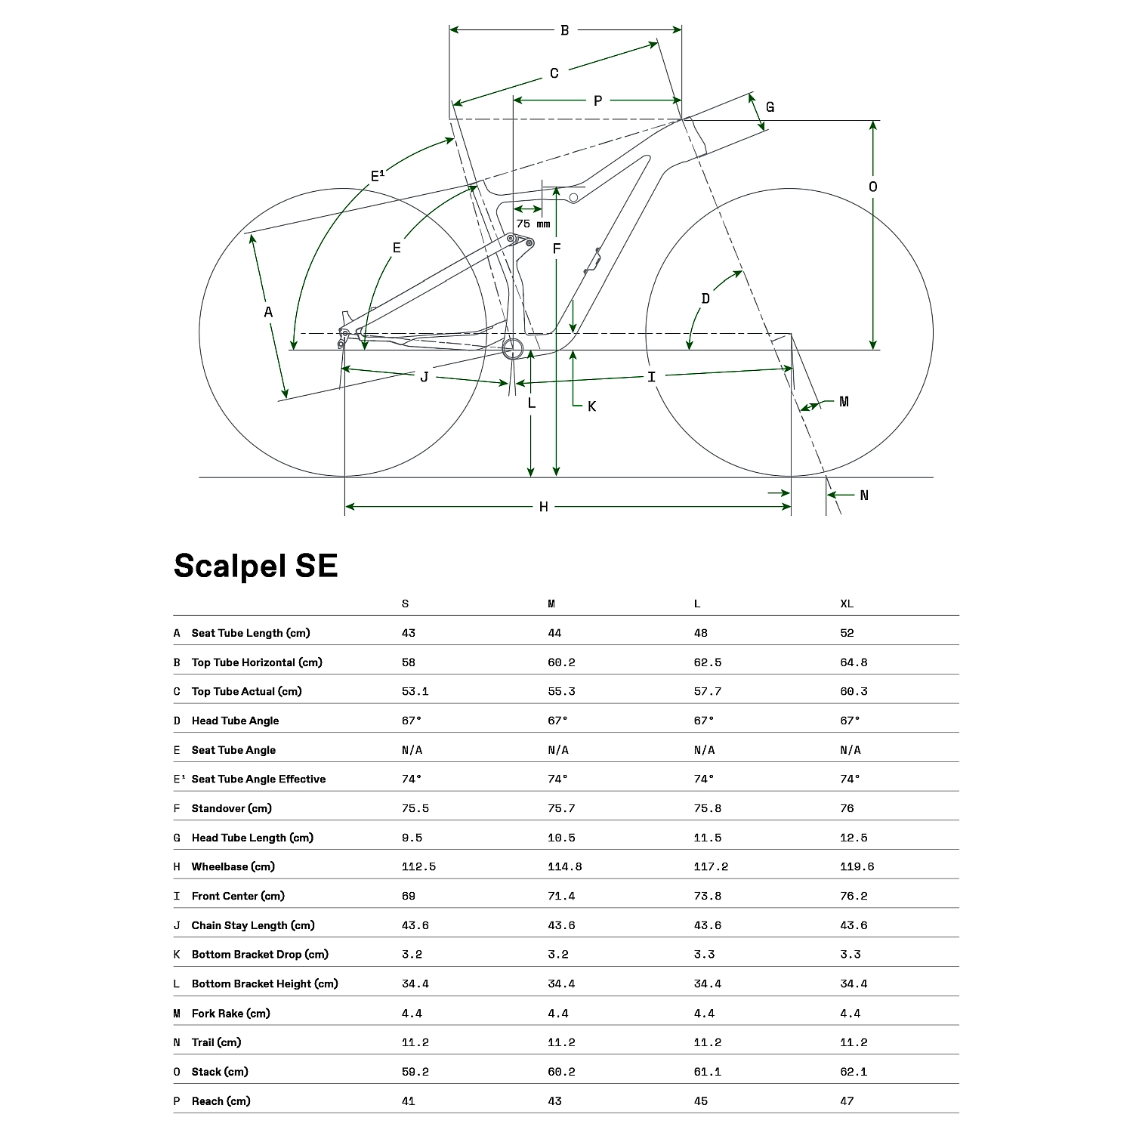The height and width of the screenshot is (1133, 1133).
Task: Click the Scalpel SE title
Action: pyautogui.click(x=255, y=566)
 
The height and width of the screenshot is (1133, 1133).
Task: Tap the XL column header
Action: pyautogui.click(x=847, y=604)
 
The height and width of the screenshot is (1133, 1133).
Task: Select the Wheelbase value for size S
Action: pyautogui.click(x=418, y=866)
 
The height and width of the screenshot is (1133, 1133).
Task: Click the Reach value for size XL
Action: pyautogui.click(x=847, y=1101)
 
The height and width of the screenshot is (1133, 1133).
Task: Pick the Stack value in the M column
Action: pyautogui.click(x=561, y=1071)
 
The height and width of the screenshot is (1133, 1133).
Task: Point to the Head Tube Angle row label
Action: pyautogui.click(x=235, y=721)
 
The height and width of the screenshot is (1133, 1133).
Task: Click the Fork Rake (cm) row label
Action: pyautogui.click(x=230, y=1013)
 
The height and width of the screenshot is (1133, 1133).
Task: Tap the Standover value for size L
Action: pyautogui.click(x=708, y=808)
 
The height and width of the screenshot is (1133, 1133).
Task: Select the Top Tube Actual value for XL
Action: pyautogui.click(x=854, y=691)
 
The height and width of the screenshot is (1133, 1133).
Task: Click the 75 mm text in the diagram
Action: pyautogui.click(x=533, y=224)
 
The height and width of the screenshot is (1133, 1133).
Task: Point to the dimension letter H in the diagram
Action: pyautogui.click(x=544, y=507)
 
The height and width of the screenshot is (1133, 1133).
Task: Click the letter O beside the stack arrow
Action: pyautogui.click(x=873, y=187)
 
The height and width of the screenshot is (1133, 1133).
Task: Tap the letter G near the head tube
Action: pyautogui.click(x=770, y=107)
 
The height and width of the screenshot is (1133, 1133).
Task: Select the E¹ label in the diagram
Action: pyautogui.click(x=378, y=176)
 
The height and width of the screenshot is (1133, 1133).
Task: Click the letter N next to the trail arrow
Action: pyautogui.click(x=864, y=495)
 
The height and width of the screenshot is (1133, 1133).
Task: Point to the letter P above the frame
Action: pyautogui.click(x=597, y=100)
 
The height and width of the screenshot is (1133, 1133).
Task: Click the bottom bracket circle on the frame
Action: pyautogui.click(x=514, y=349)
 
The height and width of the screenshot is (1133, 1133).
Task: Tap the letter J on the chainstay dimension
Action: pyautogui.click(x=424, y=376)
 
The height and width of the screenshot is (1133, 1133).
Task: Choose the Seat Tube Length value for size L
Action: pyautogui.click(x=700, y=633)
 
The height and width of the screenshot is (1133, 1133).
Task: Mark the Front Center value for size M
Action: pyautogui.click(x=561, y=896)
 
